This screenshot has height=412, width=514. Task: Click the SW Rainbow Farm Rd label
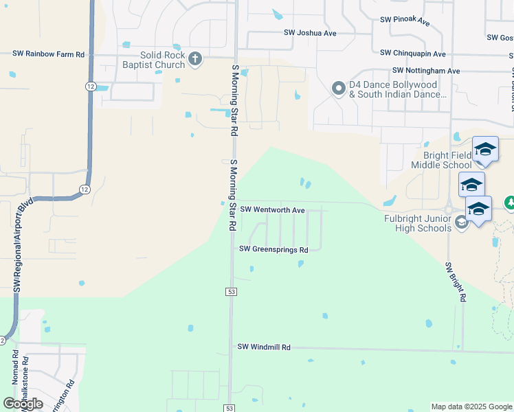point(48,54)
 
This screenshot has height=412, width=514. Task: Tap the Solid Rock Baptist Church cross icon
point(195,59)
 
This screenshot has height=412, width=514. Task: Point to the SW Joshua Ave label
point(310,33)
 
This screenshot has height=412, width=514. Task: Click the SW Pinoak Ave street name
point(405,21)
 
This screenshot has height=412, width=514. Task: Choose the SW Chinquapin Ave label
point(413,54)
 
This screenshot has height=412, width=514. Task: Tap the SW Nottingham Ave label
point(426,71)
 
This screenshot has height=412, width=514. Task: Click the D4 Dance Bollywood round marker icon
point(338,88)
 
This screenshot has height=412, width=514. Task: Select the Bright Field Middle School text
point(442,160)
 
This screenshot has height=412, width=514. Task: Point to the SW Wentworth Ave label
point(271,209)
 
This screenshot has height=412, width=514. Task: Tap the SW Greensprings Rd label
point(273,249)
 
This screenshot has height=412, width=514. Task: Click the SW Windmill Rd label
point(264,347)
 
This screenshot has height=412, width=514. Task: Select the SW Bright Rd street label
point(456,282)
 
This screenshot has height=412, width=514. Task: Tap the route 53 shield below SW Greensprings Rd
point(231,292)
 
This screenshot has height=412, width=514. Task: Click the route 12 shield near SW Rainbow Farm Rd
point(91,86)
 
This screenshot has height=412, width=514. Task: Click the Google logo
point(23,404)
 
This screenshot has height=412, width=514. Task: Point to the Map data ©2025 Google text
point(471,407)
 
